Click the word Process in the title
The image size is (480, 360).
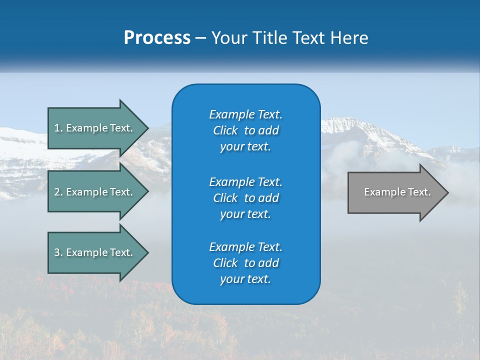point(157,38)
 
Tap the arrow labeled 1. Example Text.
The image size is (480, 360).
point(95,128)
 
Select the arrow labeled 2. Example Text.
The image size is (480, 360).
point(95,192)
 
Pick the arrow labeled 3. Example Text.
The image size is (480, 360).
point(95,252)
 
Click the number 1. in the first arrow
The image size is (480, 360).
point(58,128)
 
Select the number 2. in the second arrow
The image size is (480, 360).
point(58,192)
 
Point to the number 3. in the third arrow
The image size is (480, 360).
point(58,252)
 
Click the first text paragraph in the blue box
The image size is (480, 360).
point(245,130)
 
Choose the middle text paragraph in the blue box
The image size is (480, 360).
point(245,197)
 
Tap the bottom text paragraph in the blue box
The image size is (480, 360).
point(245,263)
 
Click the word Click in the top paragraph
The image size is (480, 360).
point(225,130)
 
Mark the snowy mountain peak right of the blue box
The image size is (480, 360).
point(345,122)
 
